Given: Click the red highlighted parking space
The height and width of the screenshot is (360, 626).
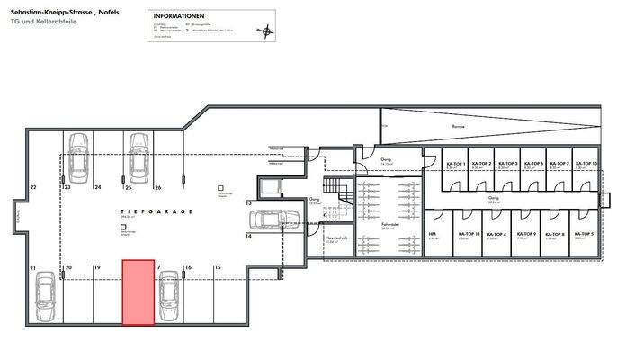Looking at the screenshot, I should click(x=138, y=292).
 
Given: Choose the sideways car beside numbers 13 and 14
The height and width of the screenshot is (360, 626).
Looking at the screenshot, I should click(x=269, y=218).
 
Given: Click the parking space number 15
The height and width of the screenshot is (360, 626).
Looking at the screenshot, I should click(x=217, y=268).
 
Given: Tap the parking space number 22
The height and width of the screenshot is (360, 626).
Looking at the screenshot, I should click(x=33, y=187).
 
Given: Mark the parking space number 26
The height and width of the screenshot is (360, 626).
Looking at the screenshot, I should click(x=158, y=187).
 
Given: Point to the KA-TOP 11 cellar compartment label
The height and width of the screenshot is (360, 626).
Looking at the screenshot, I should click(x=466, y=234).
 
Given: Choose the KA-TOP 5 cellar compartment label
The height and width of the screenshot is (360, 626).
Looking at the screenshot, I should click(x=586, y=234).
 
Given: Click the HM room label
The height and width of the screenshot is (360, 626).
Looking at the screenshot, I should click(x=433, y=234).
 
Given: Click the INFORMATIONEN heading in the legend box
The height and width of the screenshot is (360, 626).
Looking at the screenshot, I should click(x=179, y=17).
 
